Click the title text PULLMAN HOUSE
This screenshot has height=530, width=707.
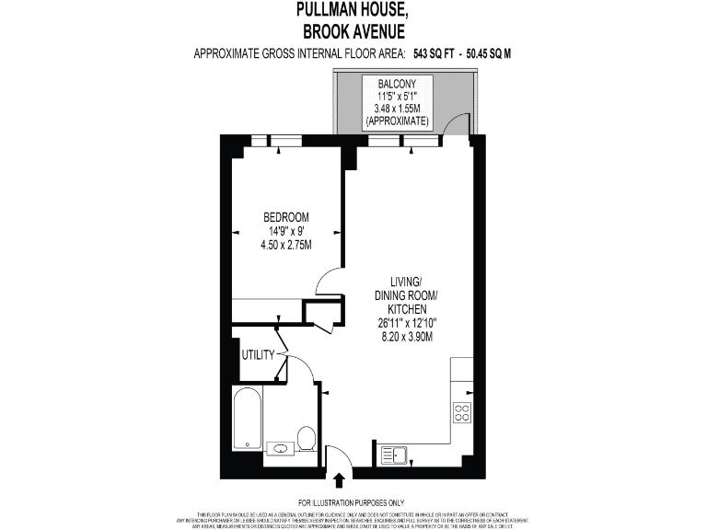pyautogui.click(x=353, y=11)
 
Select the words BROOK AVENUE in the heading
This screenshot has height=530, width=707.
pyautogui.click(x=353, y=31)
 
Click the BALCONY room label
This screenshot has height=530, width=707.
pyautogui.click(x=397, y=84)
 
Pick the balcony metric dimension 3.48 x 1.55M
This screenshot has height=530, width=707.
pyautogui.click(x=397, y=109)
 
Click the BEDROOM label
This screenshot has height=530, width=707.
pyautogui.click(x=285, y=217)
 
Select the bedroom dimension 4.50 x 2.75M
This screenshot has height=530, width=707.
pyautogui.click(x=285, y=245)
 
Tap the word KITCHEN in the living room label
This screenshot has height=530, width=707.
pyautogui.click(x=406, y=309)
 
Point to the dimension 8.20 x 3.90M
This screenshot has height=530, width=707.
pyautogui.click(x=406, y=337)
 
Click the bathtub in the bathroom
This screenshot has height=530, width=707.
pyautogui.click(x=247, y=419)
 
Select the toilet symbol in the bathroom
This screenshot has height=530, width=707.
pyautogui.click(x=307, y=438)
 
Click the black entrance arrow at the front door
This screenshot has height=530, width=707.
pyautogui.click(x=339, y=479)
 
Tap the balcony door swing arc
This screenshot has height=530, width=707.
pyautogui.click(x=455, y=126)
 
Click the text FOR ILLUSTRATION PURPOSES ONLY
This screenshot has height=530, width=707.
pyautogui.click(x=353, y=502)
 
